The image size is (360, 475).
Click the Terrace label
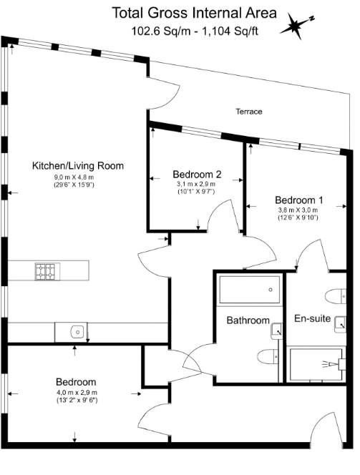pyautogui.click(x=249, y=112)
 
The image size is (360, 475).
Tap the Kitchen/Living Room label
pyautogui.click(x=78, y=166)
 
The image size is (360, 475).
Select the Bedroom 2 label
pyautogui.click(x=197, y=174)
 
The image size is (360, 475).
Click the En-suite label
pyautogui.click(x=312, y=318)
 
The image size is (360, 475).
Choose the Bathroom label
pyautogui.click(x=248, y=320)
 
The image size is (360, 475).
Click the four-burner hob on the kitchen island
pyautogui.click(x=46, y=271)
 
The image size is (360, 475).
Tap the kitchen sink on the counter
pyautogui.click(x=78, y=331)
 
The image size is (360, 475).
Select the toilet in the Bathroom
pyautogui.click(x=266, y=356)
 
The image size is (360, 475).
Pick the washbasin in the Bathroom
pyautogui.click(x=276, y=330)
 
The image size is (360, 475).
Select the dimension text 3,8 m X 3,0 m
pyautogui.click(x=297, y=210)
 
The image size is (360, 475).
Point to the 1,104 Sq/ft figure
pyautogui.click(x=230, y=31)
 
